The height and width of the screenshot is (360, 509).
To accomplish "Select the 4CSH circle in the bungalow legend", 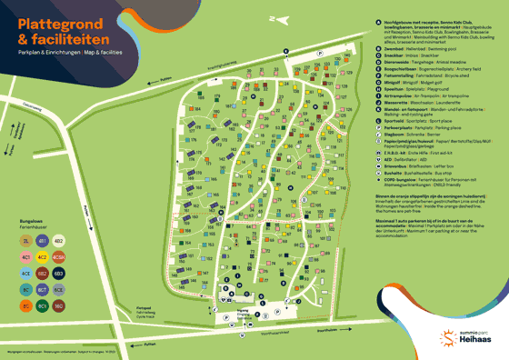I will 58,256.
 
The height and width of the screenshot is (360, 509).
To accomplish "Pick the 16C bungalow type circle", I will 58,305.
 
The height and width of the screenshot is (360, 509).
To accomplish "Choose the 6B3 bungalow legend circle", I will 58,273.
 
